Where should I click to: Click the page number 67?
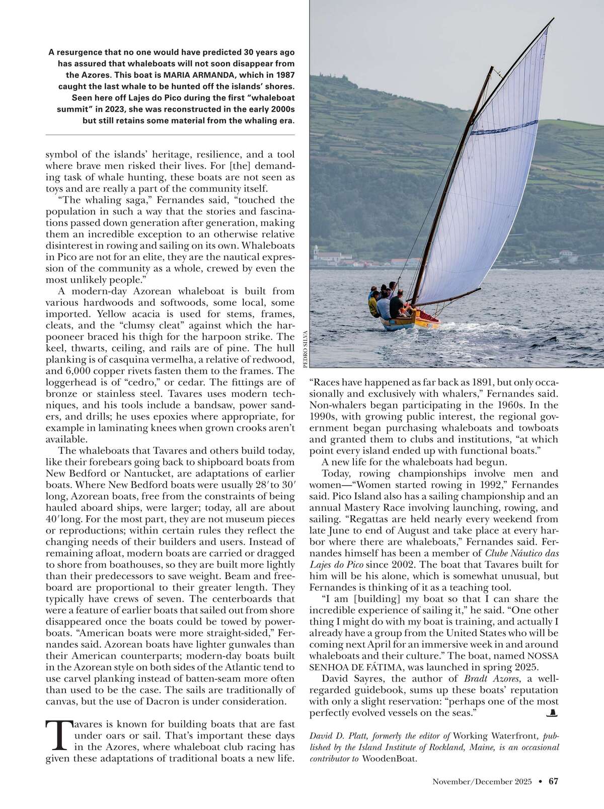554,781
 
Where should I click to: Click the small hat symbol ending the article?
553,713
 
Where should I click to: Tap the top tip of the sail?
554,19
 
